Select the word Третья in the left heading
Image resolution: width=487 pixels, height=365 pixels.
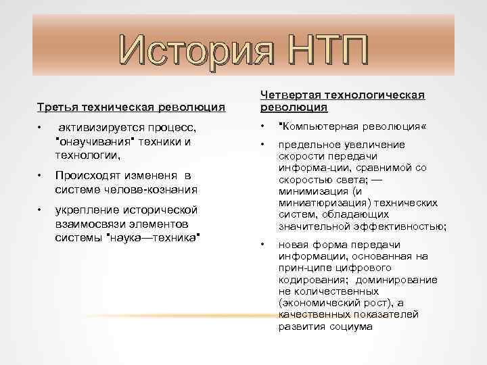(56, 107)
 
